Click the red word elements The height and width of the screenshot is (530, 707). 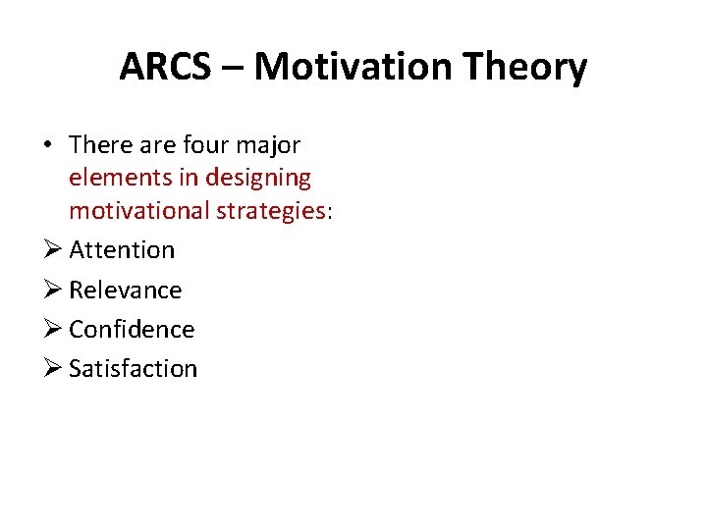115,178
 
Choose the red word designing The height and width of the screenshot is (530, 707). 257,178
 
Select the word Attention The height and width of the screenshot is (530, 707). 122,250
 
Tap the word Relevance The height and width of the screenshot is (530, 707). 126,290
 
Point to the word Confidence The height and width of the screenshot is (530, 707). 132,329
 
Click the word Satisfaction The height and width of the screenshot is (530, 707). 134,368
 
